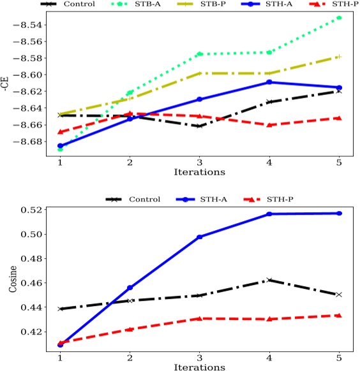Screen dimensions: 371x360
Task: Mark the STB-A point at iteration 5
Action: pyautogui.click(x=339, y=17)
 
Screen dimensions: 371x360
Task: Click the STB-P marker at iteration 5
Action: pyautogui.click(x=339, y=57)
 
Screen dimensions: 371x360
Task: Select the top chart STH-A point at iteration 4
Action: pyautogui.click(x=269, y=82)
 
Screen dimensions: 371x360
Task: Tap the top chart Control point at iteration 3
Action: pyautogui.click(x=199, y=126)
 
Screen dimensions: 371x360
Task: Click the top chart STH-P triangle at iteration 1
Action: pyautogui.click(x=60, y=132)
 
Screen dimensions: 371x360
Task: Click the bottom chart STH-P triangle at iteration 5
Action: pyautogui.click(x=339, y=316)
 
